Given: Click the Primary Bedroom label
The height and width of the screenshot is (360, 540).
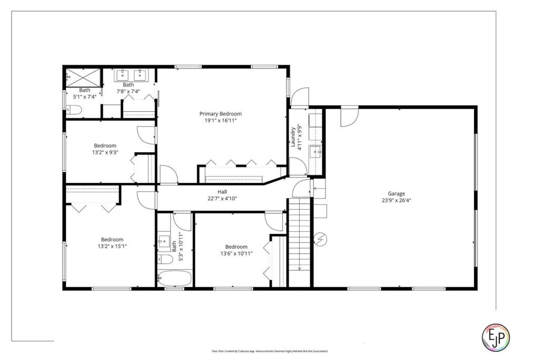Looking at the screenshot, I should pyautogui.click(x=220, y=113).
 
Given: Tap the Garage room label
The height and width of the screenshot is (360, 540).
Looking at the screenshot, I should pyautogui.click(x=396, y=193).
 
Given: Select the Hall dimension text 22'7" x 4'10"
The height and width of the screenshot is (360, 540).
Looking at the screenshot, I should pyautogui.click(x=222, y=199).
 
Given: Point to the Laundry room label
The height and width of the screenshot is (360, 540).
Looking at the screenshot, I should pyautogui.click(x=293, y=135).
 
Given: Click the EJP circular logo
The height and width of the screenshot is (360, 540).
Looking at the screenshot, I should pyautogui.click(x=496, y=335).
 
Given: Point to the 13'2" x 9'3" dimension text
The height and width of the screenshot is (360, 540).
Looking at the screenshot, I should pyautogui.click(x=105, y=153).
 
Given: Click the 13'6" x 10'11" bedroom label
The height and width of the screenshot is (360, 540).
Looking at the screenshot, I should pyautogui.click(x=236, y=247).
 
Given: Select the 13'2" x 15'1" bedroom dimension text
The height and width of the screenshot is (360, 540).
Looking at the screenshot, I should pyautogui.click(x=112, y=246).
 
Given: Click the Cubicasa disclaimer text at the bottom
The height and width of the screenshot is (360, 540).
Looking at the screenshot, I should pyautogui.click(x=269, y=351).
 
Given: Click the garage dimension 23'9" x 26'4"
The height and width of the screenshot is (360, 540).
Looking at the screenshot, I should pyautogui.click(x=396, y=200).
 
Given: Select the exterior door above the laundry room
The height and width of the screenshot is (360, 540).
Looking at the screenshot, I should pyautogui.click(x=299, y=96).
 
